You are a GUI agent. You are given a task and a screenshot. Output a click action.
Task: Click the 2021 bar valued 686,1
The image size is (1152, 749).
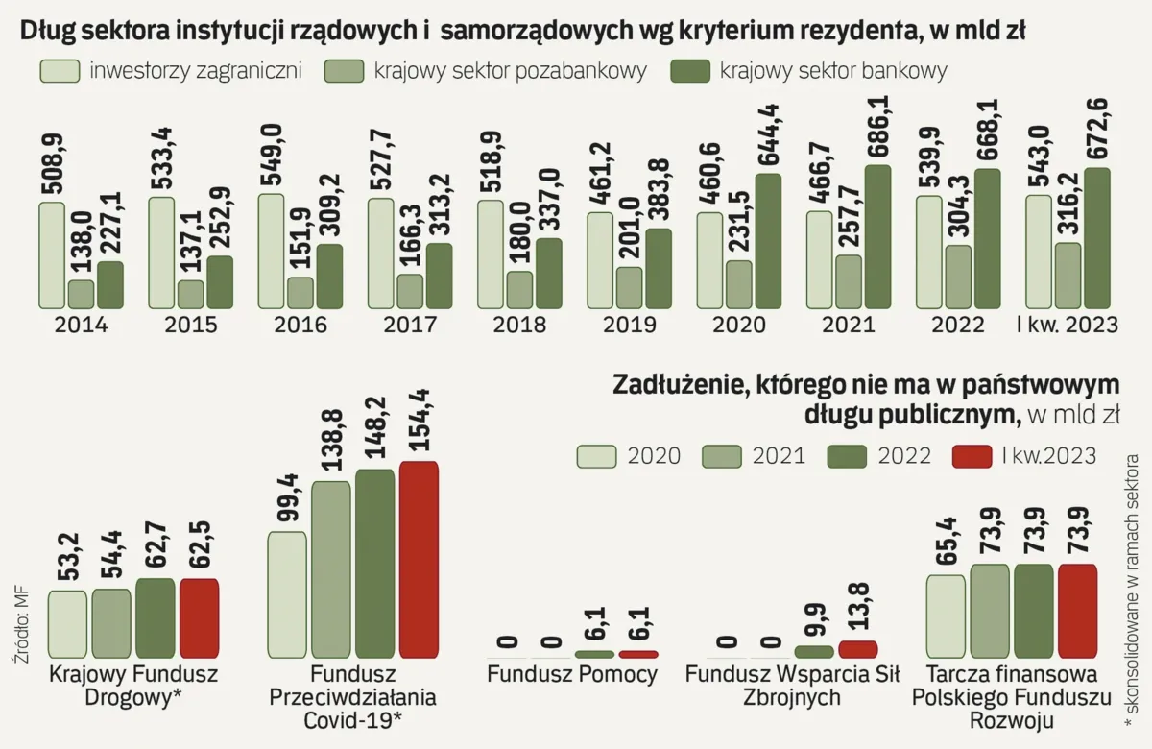877,236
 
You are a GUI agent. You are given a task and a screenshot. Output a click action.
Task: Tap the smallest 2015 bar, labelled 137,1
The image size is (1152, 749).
191,294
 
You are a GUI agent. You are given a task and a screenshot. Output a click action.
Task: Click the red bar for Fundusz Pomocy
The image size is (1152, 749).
638,654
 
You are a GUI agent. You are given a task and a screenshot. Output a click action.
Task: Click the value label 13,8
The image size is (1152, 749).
858,607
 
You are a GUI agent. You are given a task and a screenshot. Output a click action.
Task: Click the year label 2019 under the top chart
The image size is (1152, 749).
630,326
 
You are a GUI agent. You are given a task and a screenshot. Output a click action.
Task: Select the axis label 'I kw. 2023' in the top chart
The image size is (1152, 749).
1068,326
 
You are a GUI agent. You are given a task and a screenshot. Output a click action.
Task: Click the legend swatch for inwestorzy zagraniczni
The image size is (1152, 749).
60,71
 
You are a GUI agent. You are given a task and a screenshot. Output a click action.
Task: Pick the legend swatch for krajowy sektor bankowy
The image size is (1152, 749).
690,71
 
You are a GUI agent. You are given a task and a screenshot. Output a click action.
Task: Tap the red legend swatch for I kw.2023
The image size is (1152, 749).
972,456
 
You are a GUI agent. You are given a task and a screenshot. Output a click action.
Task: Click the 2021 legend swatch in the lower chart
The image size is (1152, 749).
722,456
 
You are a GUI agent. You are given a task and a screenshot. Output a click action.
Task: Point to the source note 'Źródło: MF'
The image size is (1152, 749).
21,624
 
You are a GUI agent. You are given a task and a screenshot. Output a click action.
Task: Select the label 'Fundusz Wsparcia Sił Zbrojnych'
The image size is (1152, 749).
792,686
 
